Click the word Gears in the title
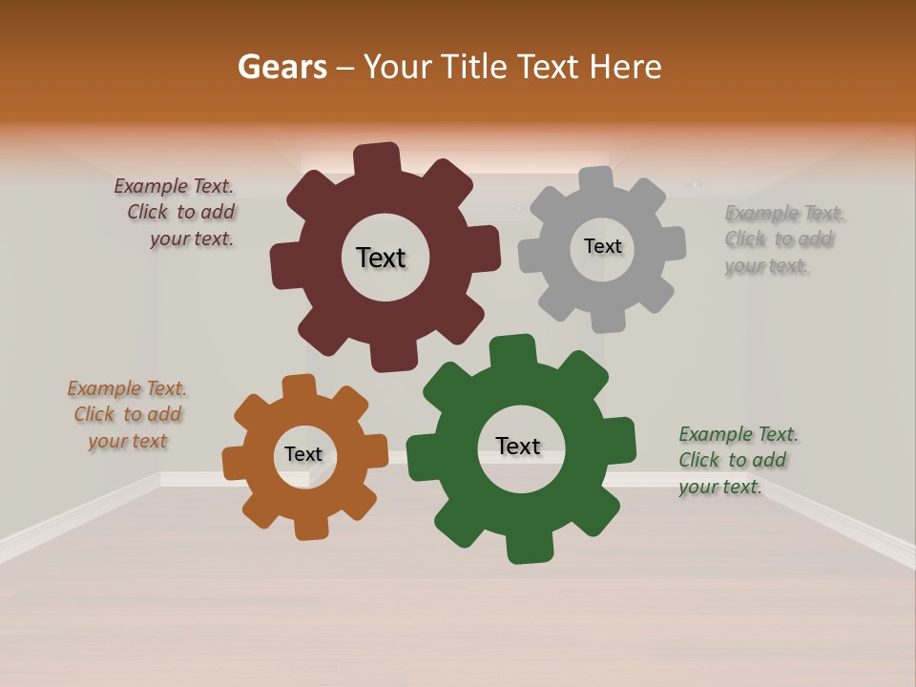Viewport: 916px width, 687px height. [281, 67]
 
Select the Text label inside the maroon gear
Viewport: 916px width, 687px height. [381, 258]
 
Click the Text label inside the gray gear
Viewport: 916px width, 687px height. [602, 246]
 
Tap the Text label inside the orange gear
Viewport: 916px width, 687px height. [302, 454]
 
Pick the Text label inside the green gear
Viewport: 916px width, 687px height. [518, 446]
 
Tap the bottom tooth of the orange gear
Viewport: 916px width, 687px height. [312, 527]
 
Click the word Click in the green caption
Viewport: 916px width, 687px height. [700, 460]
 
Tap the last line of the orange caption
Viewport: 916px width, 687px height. [128, 441]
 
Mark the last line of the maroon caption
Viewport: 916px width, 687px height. [191, 239]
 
